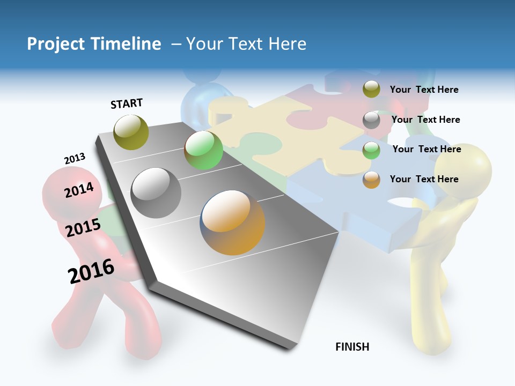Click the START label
click(127, 103)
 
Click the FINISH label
click(352, 347)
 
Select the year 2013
click(75, 159)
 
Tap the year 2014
click(79, 190)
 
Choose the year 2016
click(91, 271)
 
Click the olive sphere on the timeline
click(131, 132)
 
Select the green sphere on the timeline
click(203, 150)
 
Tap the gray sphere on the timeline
click(156, 192)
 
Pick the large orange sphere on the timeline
click(233, 222)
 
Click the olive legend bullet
click(371, 90)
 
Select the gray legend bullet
click(371, 120)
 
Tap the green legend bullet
click(371, 150)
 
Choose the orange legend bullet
click(371, 180)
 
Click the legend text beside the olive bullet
click(424, 90)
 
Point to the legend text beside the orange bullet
click(424, 179)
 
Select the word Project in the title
click(54, 44)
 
